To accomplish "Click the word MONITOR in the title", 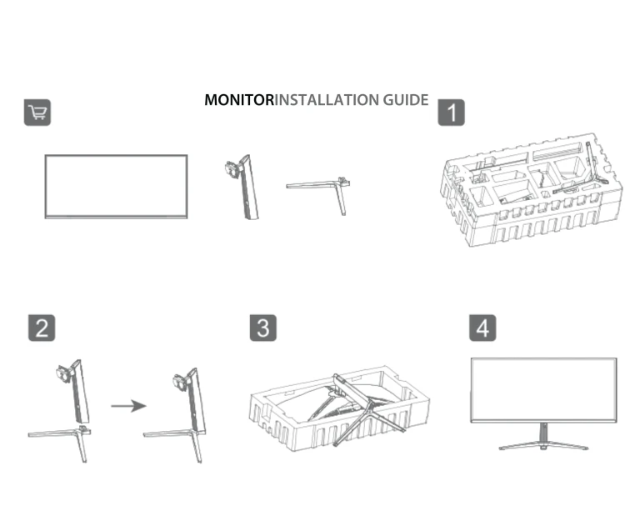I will coord(239,100).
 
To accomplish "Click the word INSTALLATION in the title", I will coord(327,100).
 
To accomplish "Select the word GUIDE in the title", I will coord(406,100).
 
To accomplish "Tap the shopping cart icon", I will coord(37,113).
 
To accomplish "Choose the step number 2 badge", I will coord(42,328).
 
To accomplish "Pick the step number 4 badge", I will coord(482,328).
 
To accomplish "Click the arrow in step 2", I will coord(127,407).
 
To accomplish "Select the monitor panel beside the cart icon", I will coord(116,186).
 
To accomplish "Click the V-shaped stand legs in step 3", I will coord(362,413).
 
